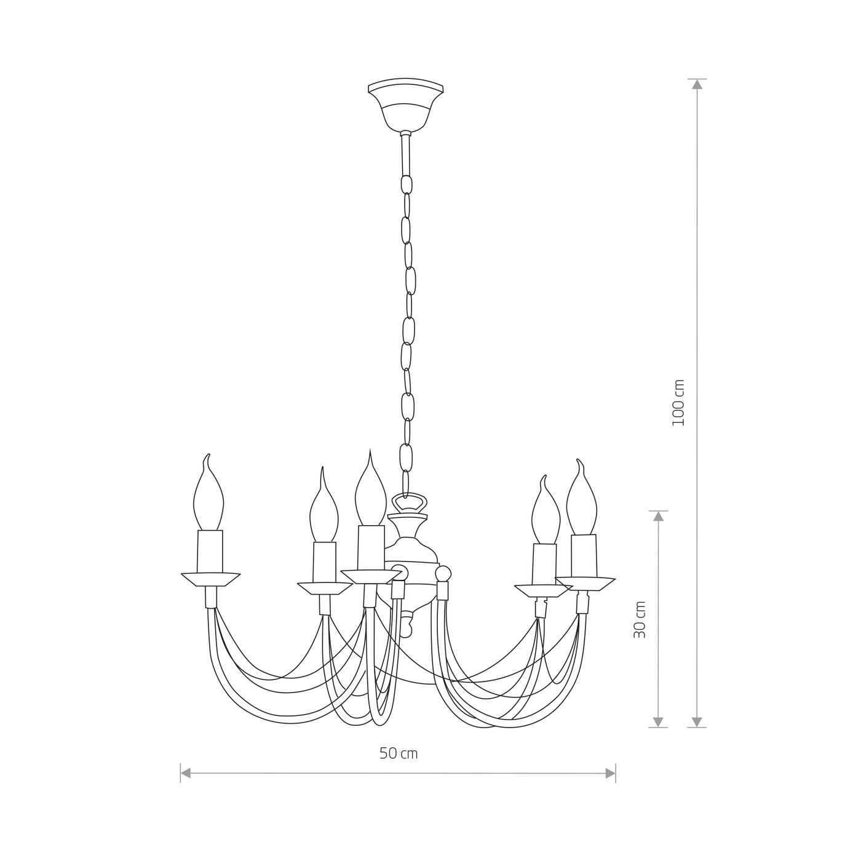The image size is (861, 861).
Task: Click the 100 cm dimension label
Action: click(x=678, y=403)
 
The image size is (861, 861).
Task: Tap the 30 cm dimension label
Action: click(x=640, y=619)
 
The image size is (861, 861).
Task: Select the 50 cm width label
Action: click(x=399, y=753)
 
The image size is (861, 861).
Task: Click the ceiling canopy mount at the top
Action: click(x=404, y=103)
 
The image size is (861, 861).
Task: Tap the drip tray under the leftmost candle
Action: click(x=210, y=579)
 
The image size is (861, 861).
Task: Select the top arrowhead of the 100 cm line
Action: click(x=697, y=85)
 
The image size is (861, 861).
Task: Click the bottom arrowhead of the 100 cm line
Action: click(x=697, y=721)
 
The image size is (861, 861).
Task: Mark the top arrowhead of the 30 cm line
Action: click(x=659, y=517)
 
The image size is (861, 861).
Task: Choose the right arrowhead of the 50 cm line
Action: click(x=610, y=773)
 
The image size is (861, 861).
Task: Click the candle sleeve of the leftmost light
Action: click(x=210, y=551)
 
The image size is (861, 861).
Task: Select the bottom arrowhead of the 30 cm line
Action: click(x=659, y=721)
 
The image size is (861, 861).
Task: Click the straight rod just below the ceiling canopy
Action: click(x=405, y=154)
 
